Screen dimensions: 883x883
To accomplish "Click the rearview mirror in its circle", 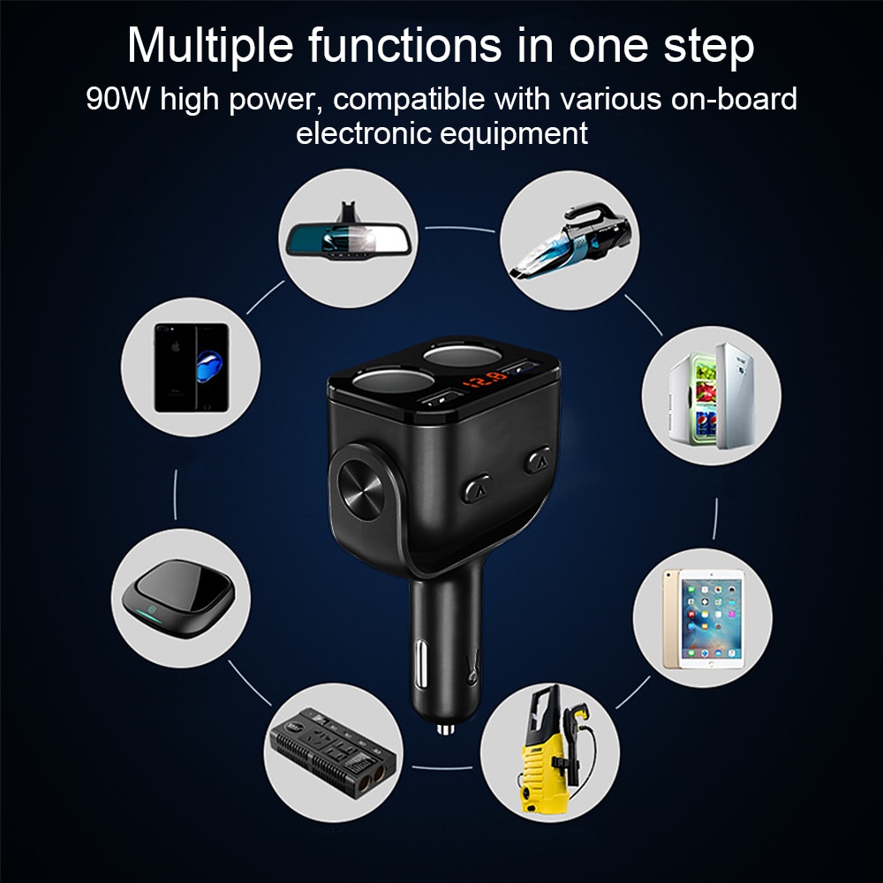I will [x=349, y=237].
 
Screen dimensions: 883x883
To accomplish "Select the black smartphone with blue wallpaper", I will [x=192, y=366].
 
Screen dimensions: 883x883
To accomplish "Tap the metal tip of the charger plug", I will [x=444, y=728].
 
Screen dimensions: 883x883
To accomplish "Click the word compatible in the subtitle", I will [x=410, y=98].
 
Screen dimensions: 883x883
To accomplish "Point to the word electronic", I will [x=360, y=134].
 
